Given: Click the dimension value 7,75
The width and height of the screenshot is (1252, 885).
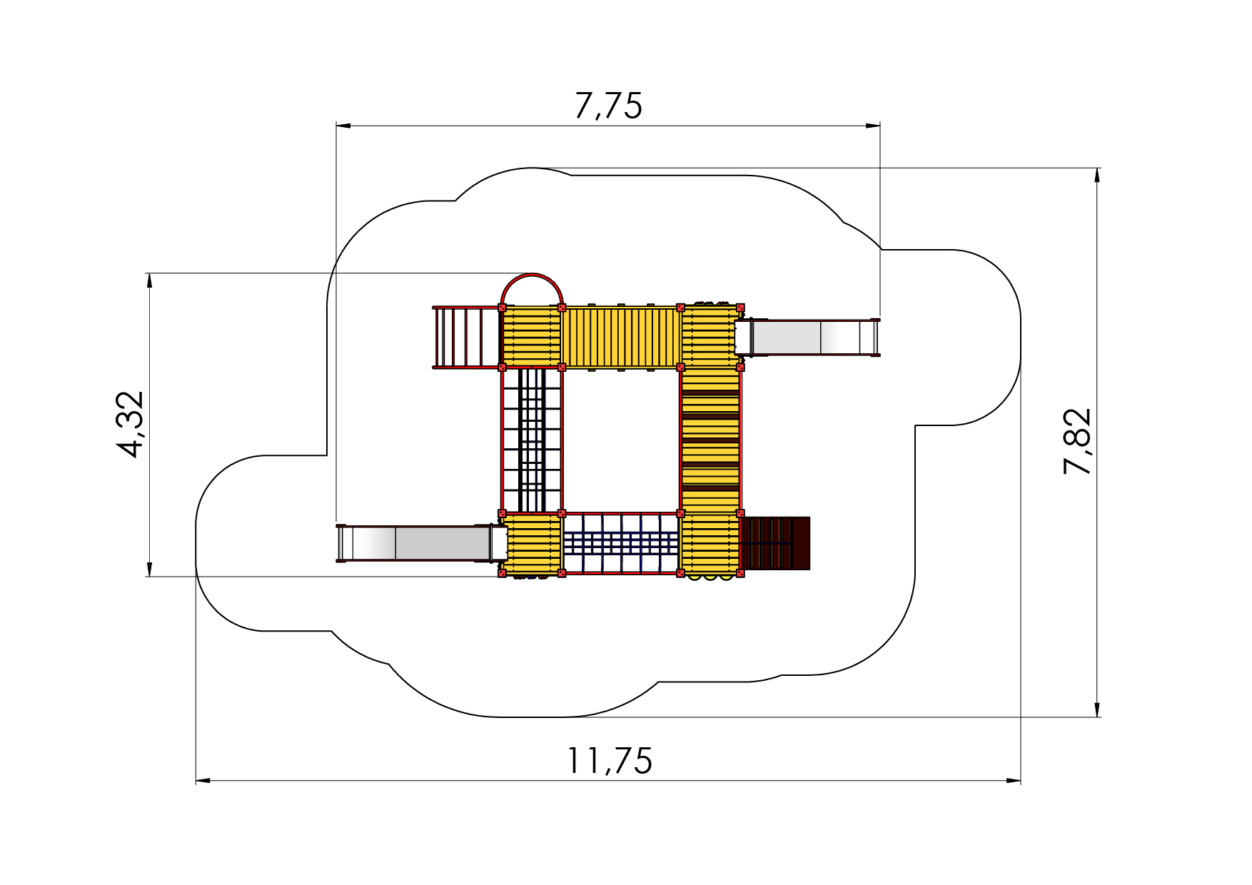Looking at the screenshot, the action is (x=608, y=106).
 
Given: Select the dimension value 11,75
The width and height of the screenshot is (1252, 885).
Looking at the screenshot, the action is (x=609, y=761).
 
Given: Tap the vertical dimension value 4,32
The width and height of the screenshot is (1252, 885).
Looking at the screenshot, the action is (x=131, y=424).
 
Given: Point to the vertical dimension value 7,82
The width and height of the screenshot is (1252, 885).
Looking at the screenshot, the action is (x=1077, y=441).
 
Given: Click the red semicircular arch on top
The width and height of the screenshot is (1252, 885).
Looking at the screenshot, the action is (x=532, y=275).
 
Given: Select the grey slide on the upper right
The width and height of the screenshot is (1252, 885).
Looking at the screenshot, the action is (x=808, y=338).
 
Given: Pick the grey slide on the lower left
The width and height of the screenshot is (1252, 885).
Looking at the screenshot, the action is (x=421, y=544).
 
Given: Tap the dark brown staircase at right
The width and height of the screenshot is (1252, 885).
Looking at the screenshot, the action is (x=775, y=543).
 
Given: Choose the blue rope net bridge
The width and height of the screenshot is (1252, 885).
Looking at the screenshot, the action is (x=621, y=543).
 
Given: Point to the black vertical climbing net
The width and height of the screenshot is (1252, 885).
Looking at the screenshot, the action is (x=532, y=440).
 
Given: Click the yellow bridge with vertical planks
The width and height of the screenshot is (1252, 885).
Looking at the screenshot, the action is (x=621, y=338).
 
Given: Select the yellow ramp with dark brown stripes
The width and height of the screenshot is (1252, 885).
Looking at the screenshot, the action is (x=710, y=440).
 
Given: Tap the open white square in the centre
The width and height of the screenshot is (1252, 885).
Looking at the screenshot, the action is (x=621, y=440).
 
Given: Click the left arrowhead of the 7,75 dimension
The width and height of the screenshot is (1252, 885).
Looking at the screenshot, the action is (x=343, y=126).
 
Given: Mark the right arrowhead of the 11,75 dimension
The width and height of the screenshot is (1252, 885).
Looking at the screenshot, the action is (x=1014, y=781).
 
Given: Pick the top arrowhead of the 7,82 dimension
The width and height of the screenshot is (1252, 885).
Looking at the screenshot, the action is (x=1097, y=176).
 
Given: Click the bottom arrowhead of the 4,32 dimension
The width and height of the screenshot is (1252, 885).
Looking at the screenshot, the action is (x=149, y=569).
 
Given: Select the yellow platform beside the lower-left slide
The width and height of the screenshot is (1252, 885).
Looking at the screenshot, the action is (x=532, y=544).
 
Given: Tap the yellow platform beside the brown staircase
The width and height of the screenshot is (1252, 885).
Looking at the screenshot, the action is (x=710, y=544).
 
